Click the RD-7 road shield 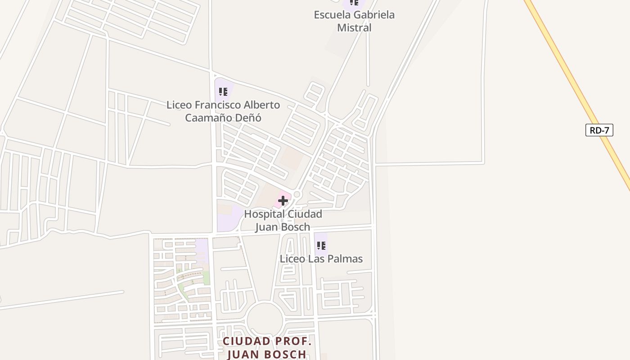tap(599, 130)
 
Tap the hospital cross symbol tap(283, 201)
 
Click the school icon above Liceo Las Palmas tap(321, 246)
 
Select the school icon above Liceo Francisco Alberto tap(223, 92)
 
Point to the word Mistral tap(355, 27)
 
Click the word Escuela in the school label tap(332, 14)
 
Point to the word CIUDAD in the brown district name tap(246, 341)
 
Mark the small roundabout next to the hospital tap(297, 195)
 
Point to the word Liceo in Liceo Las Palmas tap(292, 259)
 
